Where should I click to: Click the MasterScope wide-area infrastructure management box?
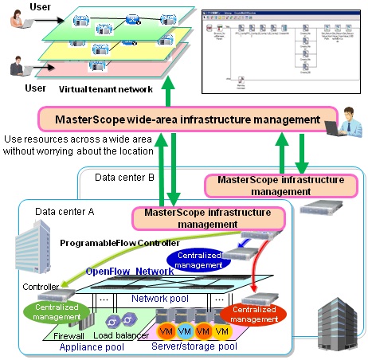click(x=182, y=119)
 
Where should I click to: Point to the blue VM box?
click(x=185, y=330)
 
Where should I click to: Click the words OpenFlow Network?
click(x=131, y=272)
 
